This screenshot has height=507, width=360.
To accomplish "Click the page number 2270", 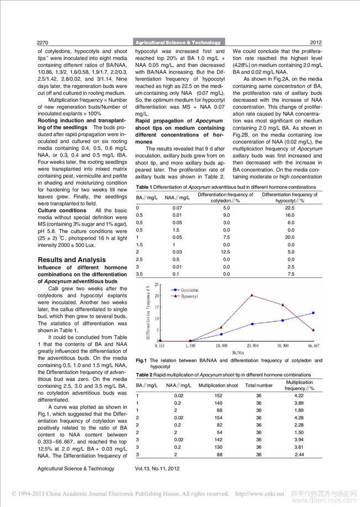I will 44,42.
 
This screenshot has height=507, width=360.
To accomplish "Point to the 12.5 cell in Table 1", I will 226,252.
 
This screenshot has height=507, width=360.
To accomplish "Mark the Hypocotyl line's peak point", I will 252,295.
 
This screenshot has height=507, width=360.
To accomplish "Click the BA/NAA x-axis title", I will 239,351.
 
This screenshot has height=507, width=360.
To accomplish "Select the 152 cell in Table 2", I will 218,395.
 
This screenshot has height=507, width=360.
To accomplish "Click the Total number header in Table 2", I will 259,385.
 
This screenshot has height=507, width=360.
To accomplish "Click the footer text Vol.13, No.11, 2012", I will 157,468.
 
